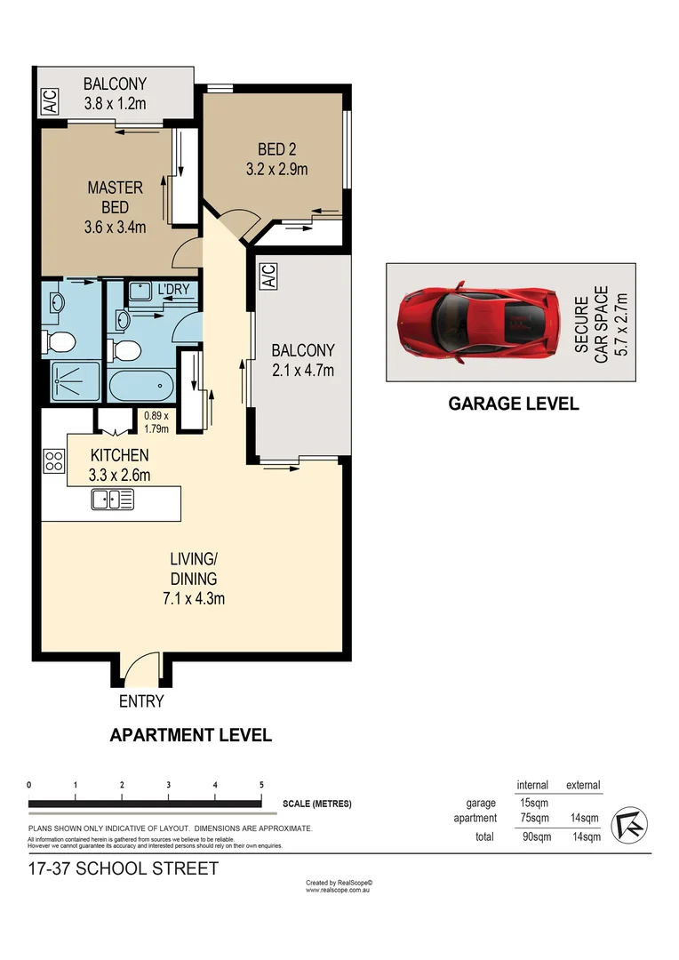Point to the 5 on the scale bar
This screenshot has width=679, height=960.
point(261,785)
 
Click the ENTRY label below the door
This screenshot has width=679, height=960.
point(141,701)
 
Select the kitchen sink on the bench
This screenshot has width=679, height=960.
point(112,500)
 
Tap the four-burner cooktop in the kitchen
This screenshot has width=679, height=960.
point(54,460)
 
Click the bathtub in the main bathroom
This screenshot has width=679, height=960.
point(141,387)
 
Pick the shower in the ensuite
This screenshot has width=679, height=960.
point(71,380)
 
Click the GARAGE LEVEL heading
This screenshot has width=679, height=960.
point(513,404)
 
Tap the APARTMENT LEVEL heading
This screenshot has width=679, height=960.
point(190,735)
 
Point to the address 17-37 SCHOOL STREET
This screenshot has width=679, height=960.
point(123,868)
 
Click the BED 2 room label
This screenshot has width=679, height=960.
point(276,158)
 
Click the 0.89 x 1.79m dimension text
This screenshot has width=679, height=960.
point(161,420)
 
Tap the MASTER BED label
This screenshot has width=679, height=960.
point(115,206)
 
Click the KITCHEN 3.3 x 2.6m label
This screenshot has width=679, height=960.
point(120,465)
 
